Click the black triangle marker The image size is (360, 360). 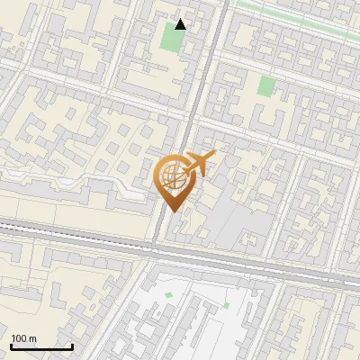pyautogui.click(x=181, y=24)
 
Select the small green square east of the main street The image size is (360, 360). pyautogui.click(x=265, y=86)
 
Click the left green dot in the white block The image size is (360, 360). pyautogui.click(x=168, y=294)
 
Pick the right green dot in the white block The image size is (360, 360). pyautogui.click(x=227, y=305)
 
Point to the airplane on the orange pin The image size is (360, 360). pyautogui.click(x=198, y=164)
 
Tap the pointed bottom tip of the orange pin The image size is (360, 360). pyautogui.click(x=170, y=211)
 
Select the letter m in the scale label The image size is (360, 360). pyautogui.click(x=33, y=337)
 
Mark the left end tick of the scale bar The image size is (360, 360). pyautogui.click(x=11, y=346)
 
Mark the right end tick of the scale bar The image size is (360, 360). pyautogui.click(x=72, y=346)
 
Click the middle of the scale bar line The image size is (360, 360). pyautogui.click(x=41, y=347)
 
